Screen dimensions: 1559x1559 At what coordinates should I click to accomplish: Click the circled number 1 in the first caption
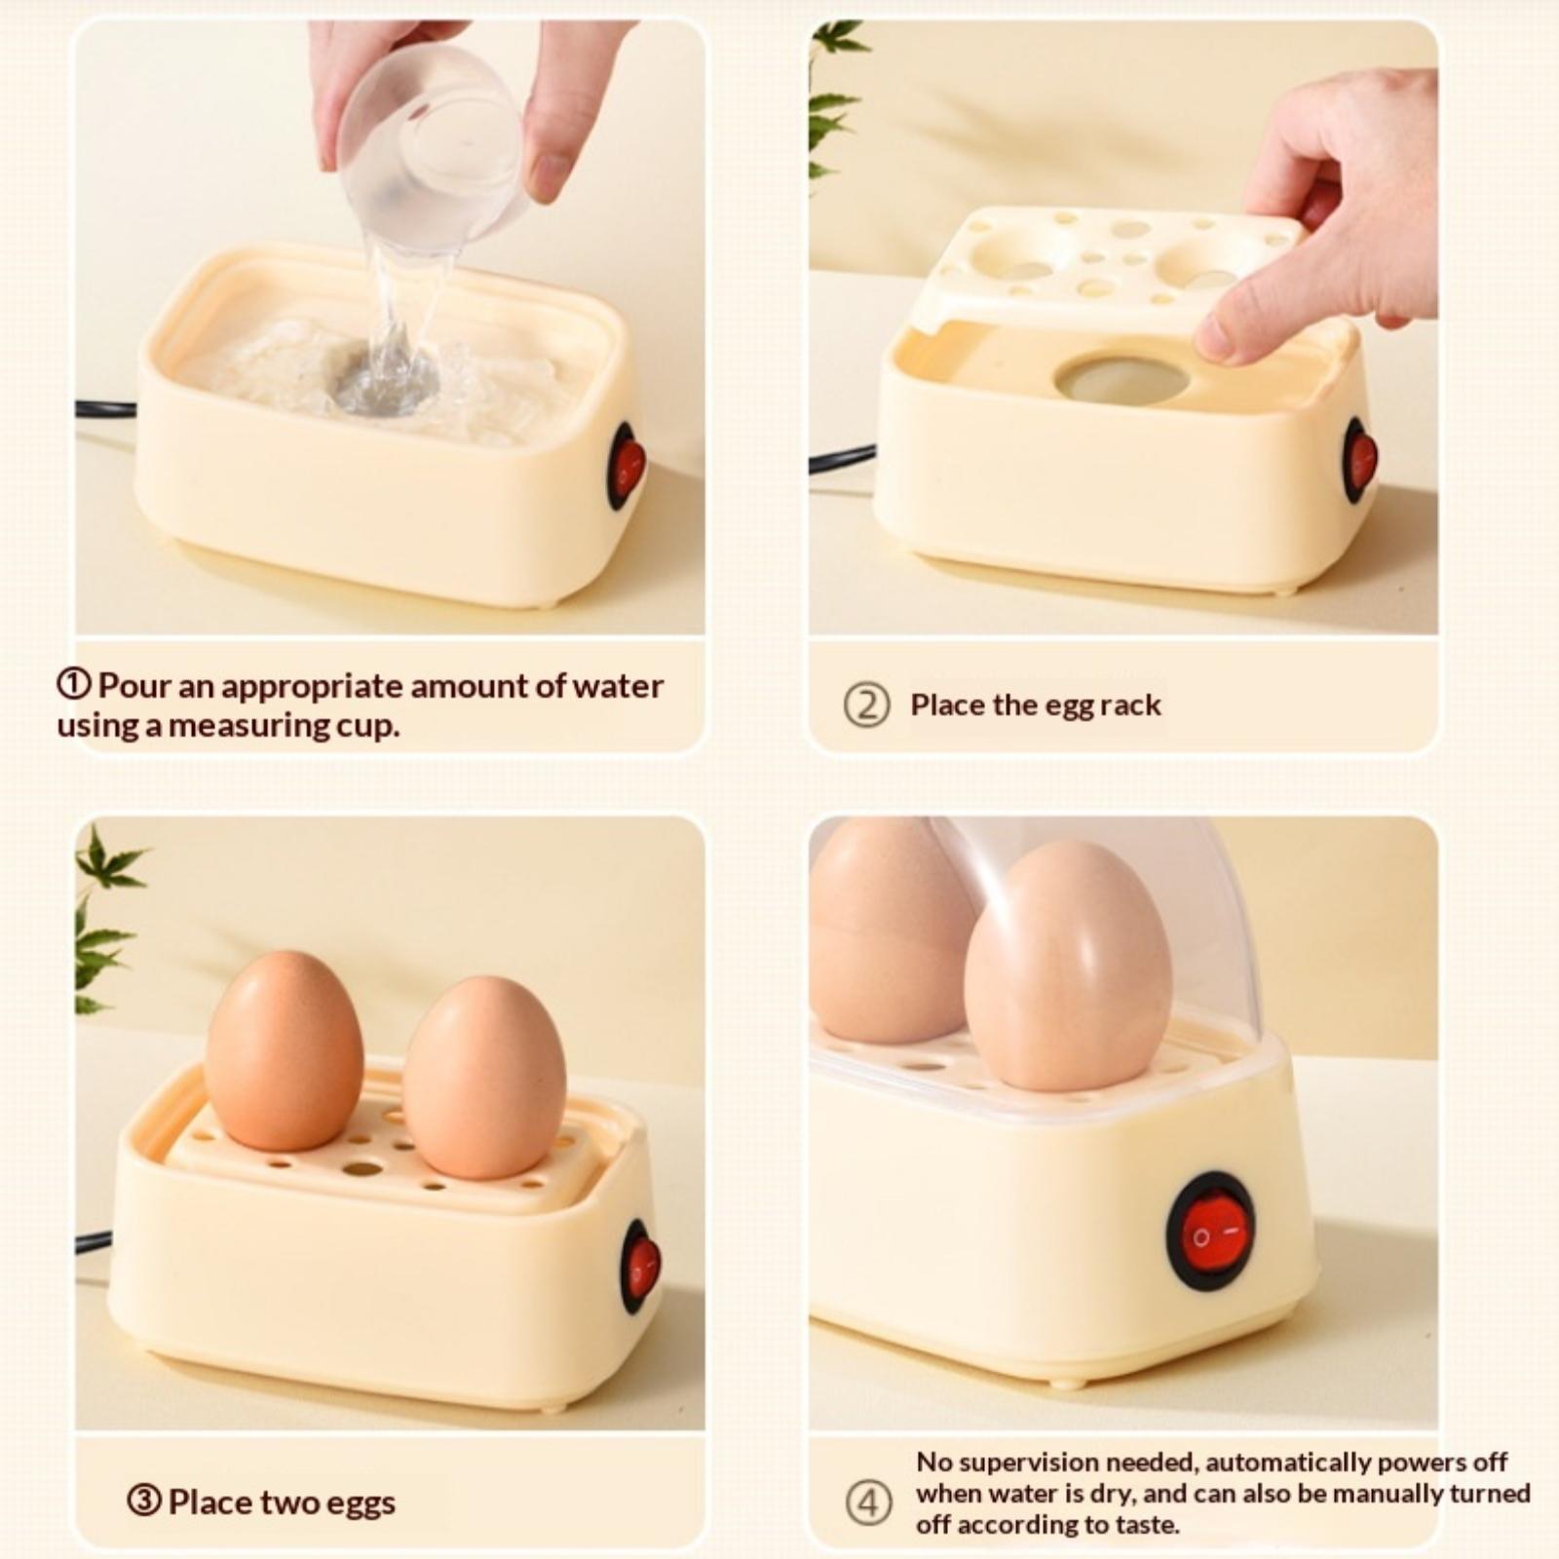click(74, 686)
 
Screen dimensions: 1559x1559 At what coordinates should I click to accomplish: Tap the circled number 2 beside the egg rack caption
click(866, 705)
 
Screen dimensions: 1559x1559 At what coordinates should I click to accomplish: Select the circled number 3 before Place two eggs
click(143, 1502)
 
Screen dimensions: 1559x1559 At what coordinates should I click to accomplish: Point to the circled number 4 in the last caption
click(867, 1502)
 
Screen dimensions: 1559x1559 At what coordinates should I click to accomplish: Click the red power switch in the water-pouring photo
click(627, 467)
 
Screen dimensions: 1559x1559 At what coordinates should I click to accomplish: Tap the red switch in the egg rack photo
click(1359, 460)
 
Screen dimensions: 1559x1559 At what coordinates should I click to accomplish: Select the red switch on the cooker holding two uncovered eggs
click(640, 1267)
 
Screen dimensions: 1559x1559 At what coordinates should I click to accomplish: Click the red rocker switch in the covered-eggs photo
click(1211, 1232)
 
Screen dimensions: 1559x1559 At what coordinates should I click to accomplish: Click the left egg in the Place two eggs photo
click(284, 1050)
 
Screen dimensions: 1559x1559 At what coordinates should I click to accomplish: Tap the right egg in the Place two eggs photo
click(484, 1077)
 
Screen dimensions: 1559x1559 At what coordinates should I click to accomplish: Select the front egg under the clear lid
click(1067, 966)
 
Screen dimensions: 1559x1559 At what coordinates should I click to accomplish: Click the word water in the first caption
click(617, 686)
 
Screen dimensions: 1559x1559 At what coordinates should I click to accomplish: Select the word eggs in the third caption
click(361, 1503)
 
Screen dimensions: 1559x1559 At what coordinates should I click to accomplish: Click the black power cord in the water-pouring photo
click(106, 408)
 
